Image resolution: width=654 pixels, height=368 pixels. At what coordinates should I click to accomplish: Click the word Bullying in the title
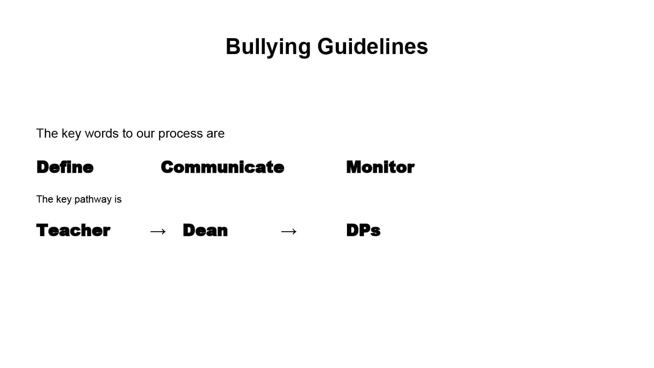click(x=268, y=47)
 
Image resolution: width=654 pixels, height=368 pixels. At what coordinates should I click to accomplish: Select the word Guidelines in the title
click(x=372, y=46)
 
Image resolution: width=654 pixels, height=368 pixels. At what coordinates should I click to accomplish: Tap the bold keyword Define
click(x=65, y=167)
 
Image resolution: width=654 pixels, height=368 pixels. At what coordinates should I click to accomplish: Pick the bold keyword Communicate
click(x=222, y=167)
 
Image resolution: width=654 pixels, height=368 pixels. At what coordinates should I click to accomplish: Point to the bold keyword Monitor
click(x=380, y=167)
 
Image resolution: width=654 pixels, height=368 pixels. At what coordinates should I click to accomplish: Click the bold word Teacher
click(x=73, y=230)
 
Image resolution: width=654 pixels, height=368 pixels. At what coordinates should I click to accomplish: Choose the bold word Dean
click(x=205, y=230)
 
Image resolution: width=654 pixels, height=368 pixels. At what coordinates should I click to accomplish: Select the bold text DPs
click(x=363, y=230)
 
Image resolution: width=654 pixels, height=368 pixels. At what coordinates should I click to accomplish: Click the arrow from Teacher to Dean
click(x=158, y=232)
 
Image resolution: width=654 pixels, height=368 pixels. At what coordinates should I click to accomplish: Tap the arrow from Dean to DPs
click(x=289, y=232)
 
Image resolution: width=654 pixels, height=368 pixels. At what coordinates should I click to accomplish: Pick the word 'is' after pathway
click(x=118, y=199)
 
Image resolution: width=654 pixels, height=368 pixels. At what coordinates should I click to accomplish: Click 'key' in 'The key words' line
click(x=71, y=134)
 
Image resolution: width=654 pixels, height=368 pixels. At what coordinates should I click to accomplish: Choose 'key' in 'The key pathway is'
click(x=64, y=199)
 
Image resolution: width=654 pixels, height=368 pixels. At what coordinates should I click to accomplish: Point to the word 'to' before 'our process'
click(x=128, y=134)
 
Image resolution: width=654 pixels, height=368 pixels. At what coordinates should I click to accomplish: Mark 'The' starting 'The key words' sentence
click(x=47, y=134)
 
